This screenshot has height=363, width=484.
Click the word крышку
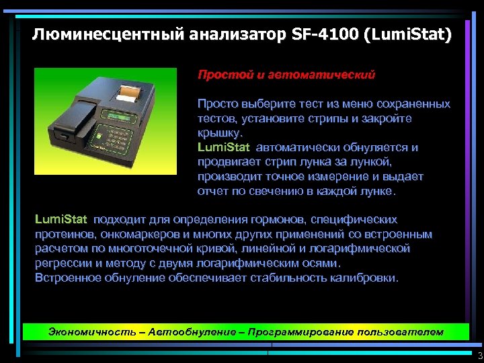[216, 133]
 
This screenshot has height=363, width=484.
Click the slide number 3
[479, 356]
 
